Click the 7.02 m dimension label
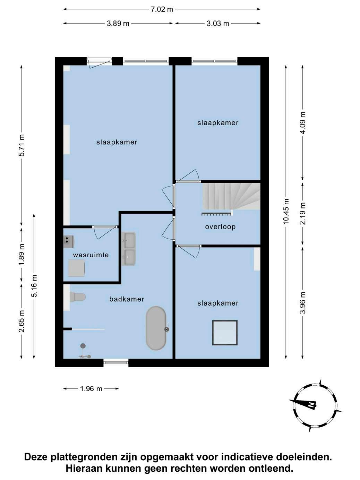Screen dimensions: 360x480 162,9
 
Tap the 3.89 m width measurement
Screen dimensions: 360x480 118,23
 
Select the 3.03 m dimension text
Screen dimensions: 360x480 218,23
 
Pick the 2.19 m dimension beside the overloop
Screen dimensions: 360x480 303,213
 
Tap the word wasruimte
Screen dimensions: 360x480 91,255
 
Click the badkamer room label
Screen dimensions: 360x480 127,299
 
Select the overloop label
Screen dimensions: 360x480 220,227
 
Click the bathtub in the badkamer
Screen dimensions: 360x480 156,328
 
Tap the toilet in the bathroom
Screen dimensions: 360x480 78,297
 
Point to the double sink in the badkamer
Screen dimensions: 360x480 130,249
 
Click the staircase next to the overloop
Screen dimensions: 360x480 231,196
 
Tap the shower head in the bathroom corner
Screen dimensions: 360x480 83,346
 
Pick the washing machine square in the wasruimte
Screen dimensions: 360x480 76,268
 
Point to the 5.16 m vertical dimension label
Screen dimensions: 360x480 34,286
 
